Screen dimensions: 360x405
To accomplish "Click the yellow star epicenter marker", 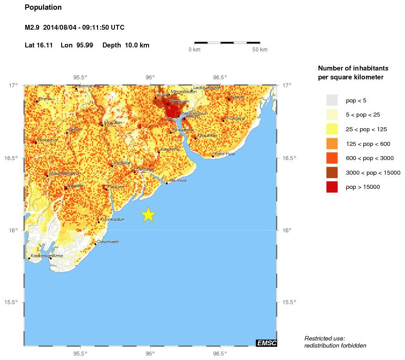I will pyautogui.click(x=149, y=215).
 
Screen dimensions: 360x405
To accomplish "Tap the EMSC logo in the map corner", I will pyautogui.click(x=266, y=343).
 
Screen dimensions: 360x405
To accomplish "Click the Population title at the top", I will pyautogui.click(x=43, y=8).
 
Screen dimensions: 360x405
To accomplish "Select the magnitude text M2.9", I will pyautogui.click(x=32, y=27).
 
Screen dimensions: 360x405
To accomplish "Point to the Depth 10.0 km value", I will pyautogui.click(x=126, y=45).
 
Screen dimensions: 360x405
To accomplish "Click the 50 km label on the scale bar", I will pyautogui.click(x=260, y=50).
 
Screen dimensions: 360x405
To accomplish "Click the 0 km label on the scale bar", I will pyautogui.click(x=194, y=50).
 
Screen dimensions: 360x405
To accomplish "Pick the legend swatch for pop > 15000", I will pyautogui.click(x=332, y=187).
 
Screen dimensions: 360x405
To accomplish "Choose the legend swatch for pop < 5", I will pyautogui.click(x=332, y=100).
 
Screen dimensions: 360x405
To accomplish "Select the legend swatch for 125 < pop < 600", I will pyautogui.click(x=332, y=144).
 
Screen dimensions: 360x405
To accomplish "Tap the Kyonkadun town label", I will pyautogui.click(x=113, y=219).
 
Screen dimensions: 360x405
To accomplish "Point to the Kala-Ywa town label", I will pyautogui.click(x=224, y=154).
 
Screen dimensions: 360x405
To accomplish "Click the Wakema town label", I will pyautogui.click(x=47, y=140).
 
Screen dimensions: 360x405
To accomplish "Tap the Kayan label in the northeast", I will pyautogui.click(x=238, y=97).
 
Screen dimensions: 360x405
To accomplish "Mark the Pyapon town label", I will pyautogui.click(x=115, y=187).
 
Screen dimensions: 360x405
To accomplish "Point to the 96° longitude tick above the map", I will pyautogui.click(x=150, y=77).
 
